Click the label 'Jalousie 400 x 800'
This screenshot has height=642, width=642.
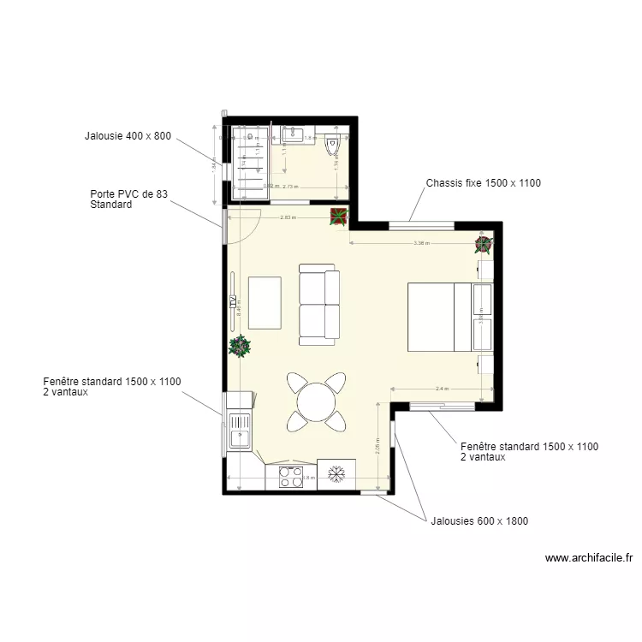128,136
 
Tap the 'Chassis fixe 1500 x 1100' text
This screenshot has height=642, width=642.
483,183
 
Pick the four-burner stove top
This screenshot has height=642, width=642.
291,477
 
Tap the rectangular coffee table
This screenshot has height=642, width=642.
265,302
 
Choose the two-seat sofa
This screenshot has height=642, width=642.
319,304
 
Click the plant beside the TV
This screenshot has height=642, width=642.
240,347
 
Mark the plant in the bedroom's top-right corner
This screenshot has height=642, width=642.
484,245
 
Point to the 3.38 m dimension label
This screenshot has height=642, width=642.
421,243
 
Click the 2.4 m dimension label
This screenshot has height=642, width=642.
442,389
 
